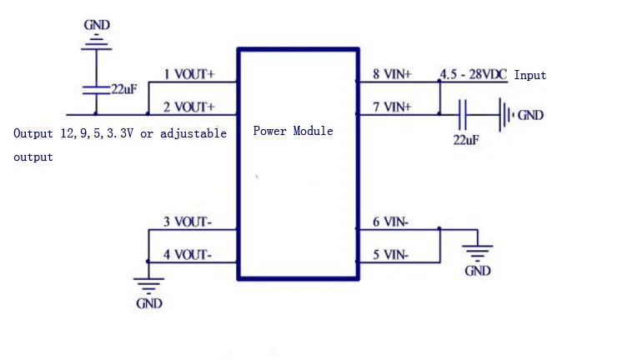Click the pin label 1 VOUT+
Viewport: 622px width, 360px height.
188,74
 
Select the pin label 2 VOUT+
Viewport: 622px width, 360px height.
188,107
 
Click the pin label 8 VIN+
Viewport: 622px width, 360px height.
392,74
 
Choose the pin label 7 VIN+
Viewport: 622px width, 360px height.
392,107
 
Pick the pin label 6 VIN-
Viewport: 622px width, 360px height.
390,222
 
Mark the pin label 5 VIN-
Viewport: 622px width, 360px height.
390,254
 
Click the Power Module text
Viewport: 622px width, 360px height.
293,131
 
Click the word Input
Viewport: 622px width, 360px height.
529,76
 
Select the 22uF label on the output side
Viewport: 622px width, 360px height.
123,88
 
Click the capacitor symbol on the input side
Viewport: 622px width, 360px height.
463,113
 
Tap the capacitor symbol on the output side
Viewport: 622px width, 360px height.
96,88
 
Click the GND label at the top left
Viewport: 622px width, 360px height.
96,25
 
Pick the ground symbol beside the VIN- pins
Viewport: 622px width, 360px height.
477,252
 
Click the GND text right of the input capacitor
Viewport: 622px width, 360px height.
530,115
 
